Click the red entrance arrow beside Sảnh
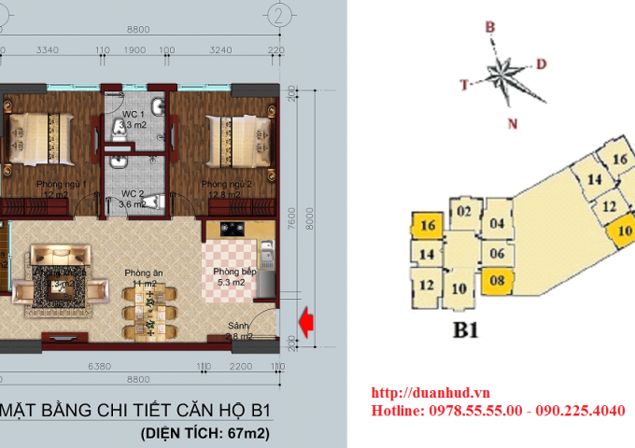coord(304,320)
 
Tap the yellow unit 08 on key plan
coord(496,279)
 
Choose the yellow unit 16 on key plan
coord(428,225)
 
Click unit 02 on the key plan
coord(463,212)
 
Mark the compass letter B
coord(488,28)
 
